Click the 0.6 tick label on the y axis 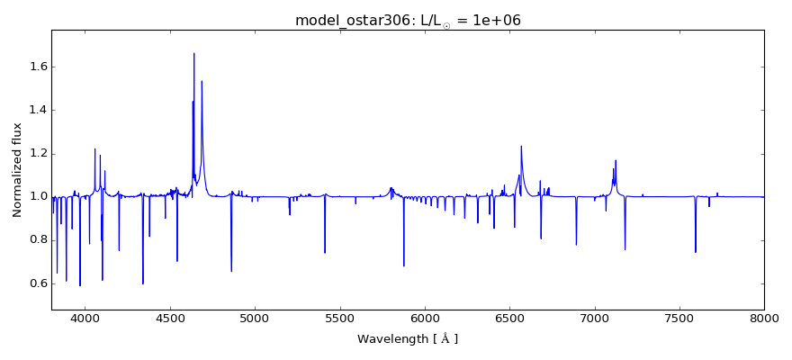point(35,283)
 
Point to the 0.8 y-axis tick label point(35,240)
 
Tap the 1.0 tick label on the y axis point(35,196)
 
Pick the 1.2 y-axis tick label point(35,153)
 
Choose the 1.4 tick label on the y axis point(35,110)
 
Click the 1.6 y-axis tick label point(35,67)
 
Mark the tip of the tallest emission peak point(193,53)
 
